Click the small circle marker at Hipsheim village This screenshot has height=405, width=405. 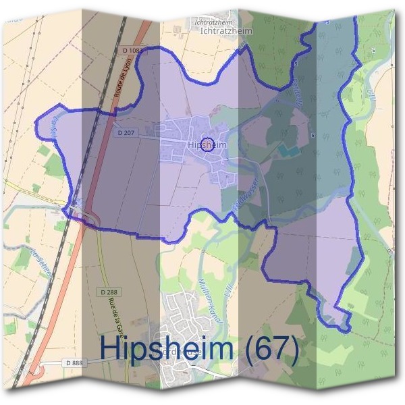pyautogui.click(x=208, y=143)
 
